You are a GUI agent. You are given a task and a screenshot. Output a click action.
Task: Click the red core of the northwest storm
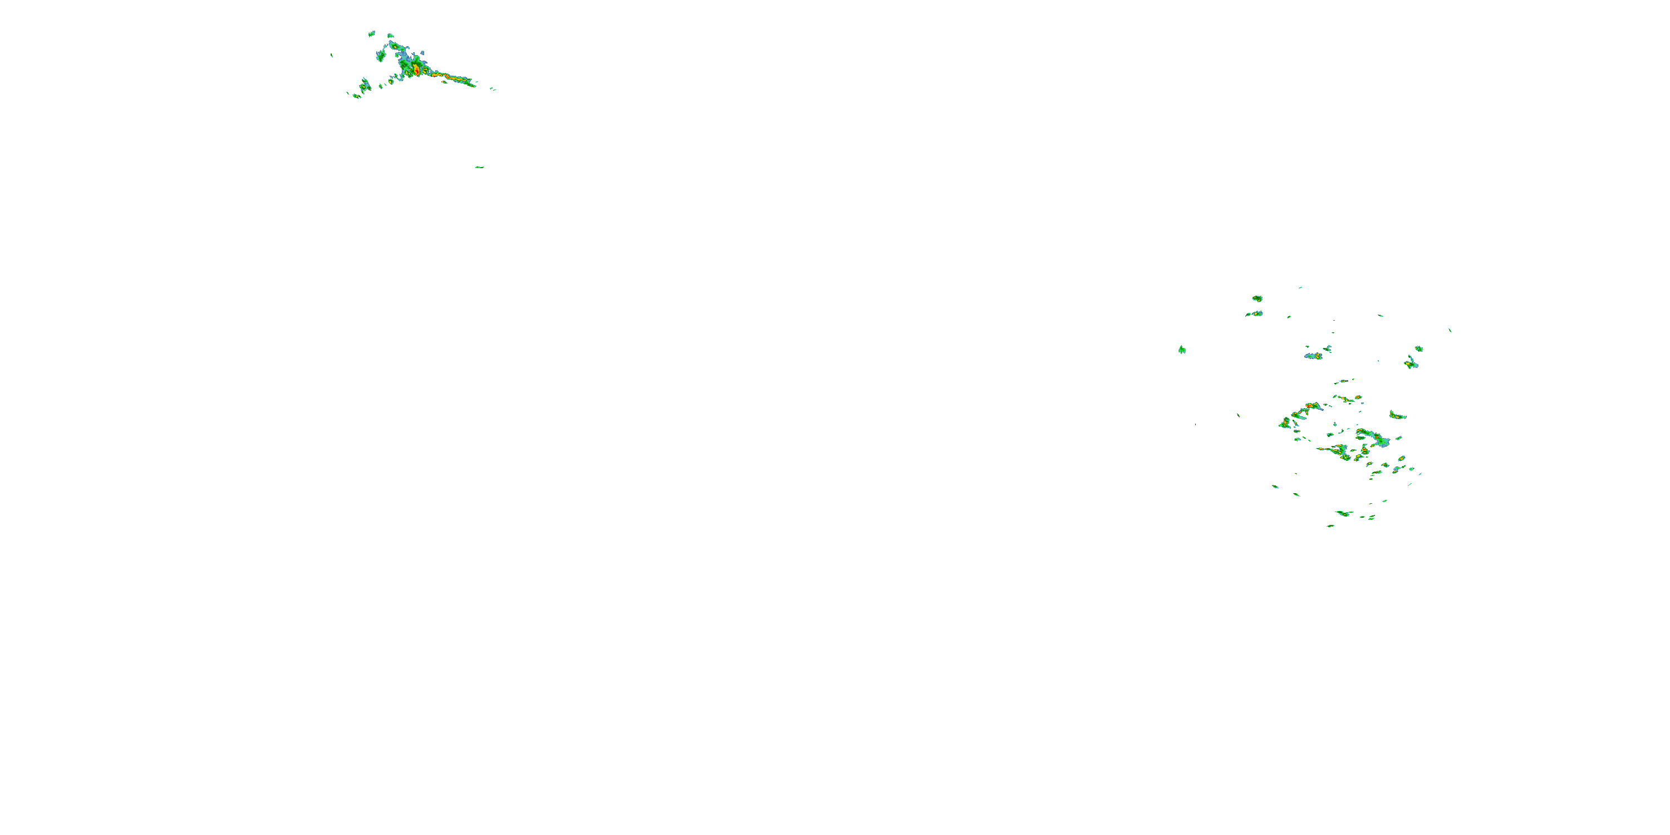pos(416,68)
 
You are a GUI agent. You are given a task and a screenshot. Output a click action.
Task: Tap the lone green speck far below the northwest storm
pos(479,167)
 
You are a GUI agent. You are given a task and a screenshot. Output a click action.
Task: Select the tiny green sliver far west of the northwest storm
pos(332,55)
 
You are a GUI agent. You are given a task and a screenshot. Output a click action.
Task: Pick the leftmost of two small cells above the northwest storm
pos(371,33)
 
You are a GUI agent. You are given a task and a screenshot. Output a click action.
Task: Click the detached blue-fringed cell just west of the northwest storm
pos(381,56)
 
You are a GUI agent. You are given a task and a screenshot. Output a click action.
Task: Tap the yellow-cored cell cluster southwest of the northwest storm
pos(365,85)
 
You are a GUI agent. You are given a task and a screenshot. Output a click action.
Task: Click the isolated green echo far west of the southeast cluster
pos(1182,350)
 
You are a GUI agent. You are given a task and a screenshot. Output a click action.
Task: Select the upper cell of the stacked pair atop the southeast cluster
pos(1257,298)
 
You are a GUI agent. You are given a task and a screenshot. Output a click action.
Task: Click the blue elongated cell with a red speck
pos(1314,356)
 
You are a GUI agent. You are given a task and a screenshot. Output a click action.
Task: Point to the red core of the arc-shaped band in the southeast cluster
pos(1309,406)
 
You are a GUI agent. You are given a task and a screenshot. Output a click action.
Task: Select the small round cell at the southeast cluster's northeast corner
pos(1419,349)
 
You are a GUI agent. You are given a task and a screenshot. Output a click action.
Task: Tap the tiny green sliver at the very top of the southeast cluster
pos(1300,287)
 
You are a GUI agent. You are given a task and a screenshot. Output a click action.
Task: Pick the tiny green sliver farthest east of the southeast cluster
pos(1450,330)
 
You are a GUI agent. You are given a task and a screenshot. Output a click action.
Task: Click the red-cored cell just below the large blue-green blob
pos(1364,452)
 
